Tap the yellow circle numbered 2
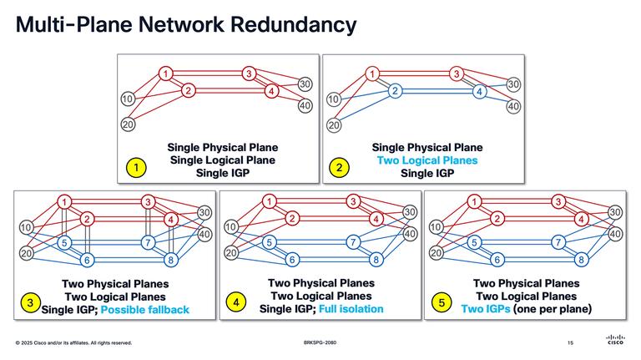coord(339,169)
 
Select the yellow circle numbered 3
coord(30,305)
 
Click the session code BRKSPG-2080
coord(320,343)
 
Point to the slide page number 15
coord(570,343)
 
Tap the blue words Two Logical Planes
coord(427,160)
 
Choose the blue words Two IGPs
coord(490,310)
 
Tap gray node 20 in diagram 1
coord(128,125)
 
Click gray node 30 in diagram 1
coord(305,84)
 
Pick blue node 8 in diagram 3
coord(171,260)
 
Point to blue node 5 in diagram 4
coord(270,243)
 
